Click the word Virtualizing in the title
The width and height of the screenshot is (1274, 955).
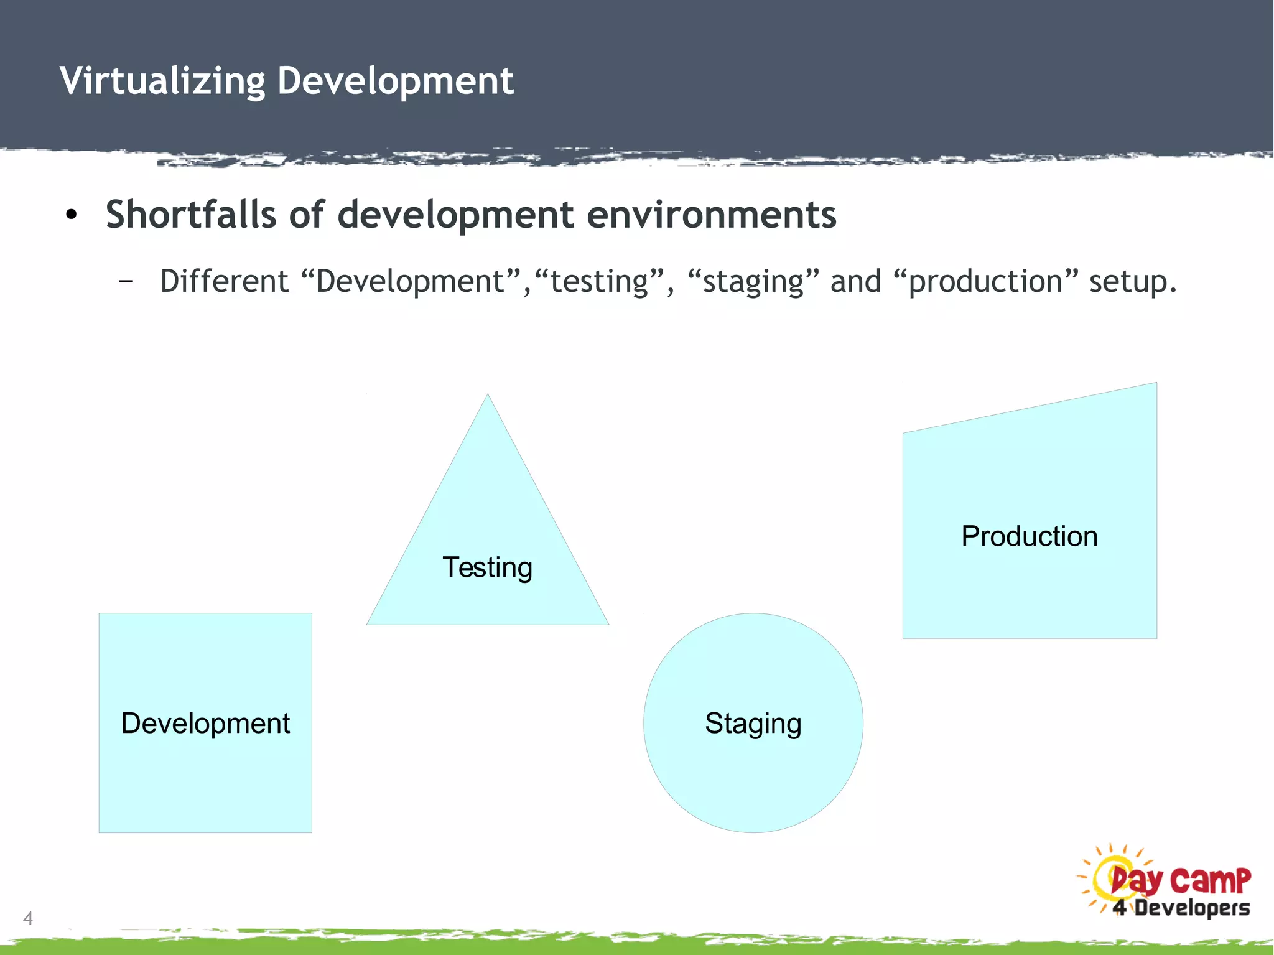162,82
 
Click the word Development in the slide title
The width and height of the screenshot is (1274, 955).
396,81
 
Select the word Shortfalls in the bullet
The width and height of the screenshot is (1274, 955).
190,215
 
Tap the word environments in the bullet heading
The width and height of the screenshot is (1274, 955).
711,215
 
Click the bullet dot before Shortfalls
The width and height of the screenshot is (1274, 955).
72,215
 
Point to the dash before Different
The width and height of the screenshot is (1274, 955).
126,282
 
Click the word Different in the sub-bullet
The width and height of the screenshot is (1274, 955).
224,281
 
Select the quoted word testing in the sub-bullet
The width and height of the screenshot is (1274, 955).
600,281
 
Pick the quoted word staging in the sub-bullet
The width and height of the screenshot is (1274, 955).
753,281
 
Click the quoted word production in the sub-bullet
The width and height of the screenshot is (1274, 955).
985,281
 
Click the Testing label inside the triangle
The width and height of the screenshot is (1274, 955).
487,567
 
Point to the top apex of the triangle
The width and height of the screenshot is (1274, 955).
488,396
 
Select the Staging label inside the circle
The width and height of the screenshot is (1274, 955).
753,724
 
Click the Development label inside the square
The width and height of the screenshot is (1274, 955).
205,724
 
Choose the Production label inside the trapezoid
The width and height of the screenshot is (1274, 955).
1030,536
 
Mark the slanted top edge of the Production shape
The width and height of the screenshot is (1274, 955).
1030,408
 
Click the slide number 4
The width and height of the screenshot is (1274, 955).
28,918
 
